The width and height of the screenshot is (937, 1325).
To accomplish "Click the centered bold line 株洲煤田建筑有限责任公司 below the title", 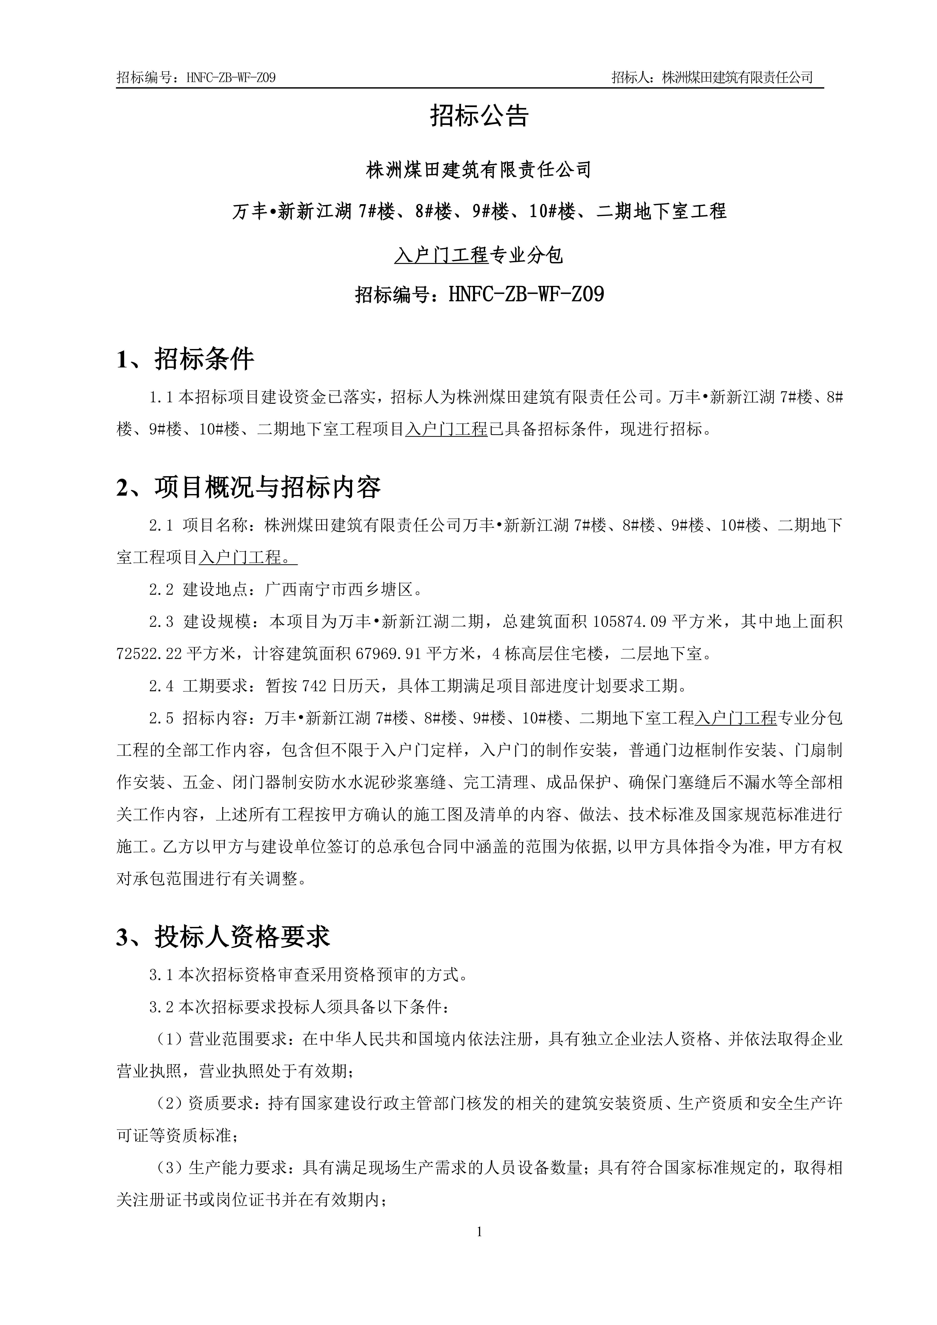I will click(479, 170).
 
